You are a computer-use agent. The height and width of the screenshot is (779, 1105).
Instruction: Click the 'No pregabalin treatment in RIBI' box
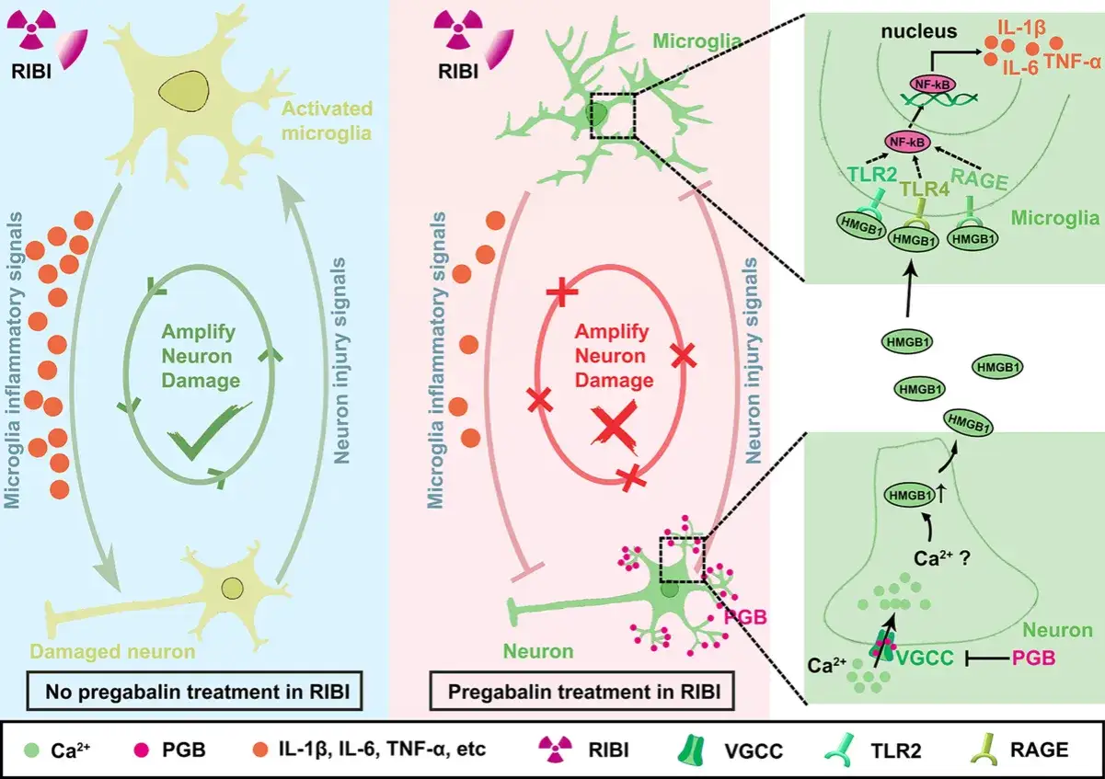coord(194,691)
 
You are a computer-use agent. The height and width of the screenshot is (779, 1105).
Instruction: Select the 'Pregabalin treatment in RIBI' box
coord(582,691)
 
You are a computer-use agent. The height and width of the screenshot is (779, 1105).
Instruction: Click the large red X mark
coord(616,428)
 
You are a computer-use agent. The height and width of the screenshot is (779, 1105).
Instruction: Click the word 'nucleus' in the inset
coord(919,31)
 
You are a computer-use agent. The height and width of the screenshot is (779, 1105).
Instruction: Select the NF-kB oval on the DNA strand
coord(932,85)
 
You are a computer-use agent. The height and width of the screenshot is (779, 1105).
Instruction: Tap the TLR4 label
coord(925,189)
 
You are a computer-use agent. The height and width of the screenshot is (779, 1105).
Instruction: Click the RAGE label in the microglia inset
coord(979,179)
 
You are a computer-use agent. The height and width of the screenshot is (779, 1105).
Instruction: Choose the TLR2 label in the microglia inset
coord(872,174)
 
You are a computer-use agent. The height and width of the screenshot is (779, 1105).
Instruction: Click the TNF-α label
coord(1072,63)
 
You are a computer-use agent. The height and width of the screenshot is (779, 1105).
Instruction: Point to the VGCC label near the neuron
coord(925,658)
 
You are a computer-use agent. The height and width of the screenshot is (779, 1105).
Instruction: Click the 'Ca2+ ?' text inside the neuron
coord(942,558)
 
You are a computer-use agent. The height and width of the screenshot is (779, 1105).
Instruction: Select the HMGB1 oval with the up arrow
coord(910,495)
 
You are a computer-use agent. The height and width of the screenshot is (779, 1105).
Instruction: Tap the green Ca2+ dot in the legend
coord(31,750)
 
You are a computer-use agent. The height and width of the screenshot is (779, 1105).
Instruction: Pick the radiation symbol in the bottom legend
coord(556,749)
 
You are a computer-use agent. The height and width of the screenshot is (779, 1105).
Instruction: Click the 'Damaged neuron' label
coord(112,651)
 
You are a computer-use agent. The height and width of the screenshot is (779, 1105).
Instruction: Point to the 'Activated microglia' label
coord(327,120)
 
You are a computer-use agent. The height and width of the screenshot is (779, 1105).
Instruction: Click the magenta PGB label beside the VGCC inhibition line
coord(1033,658)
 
